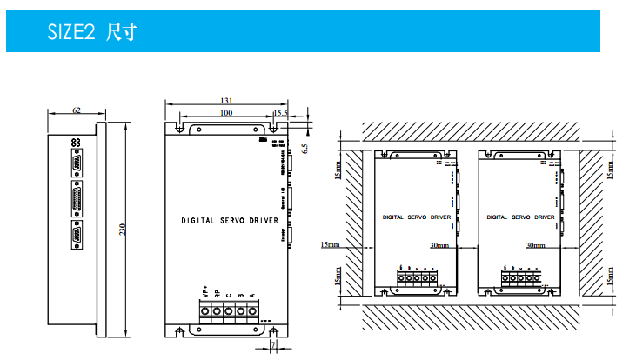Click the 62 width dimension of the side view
[77, 111]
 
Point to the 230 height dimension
[124, 229]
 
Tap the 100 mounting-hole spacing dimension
[225, 113]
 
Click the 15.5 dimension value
[280, 113]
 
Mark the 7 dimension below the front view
[273, 346]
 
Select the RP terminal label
[217, 294]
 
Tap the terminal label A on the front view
[252, 296]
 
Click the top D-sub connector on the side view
[78, 163]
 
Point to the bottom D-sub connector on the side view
[78, 235]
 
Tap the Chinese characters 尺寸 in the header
[119, 33]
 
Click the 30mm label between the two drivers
[439, 246]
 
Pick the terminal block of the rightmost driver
[519, 279]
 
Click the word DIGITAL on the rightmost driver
[497, 217]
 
